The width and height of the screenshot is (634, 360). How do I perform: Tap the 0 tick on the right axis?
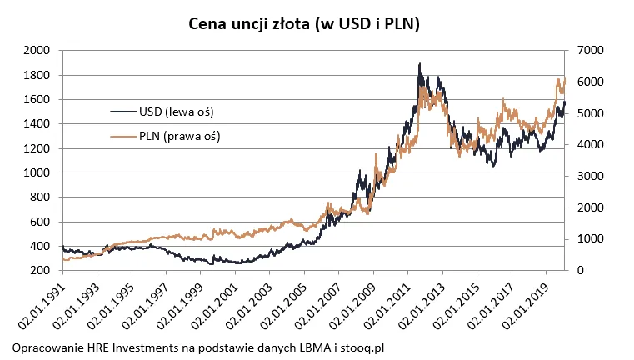(x=577, y=271)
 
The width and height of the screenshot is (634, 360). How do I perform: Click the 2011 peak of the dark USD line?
(x=419, y=64)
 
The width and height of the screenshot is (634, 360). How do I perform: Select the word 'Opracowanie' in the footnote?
(x=49, y=346)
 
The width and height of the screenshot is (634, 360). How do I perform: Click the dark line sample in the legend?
(x=126, y=111)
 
